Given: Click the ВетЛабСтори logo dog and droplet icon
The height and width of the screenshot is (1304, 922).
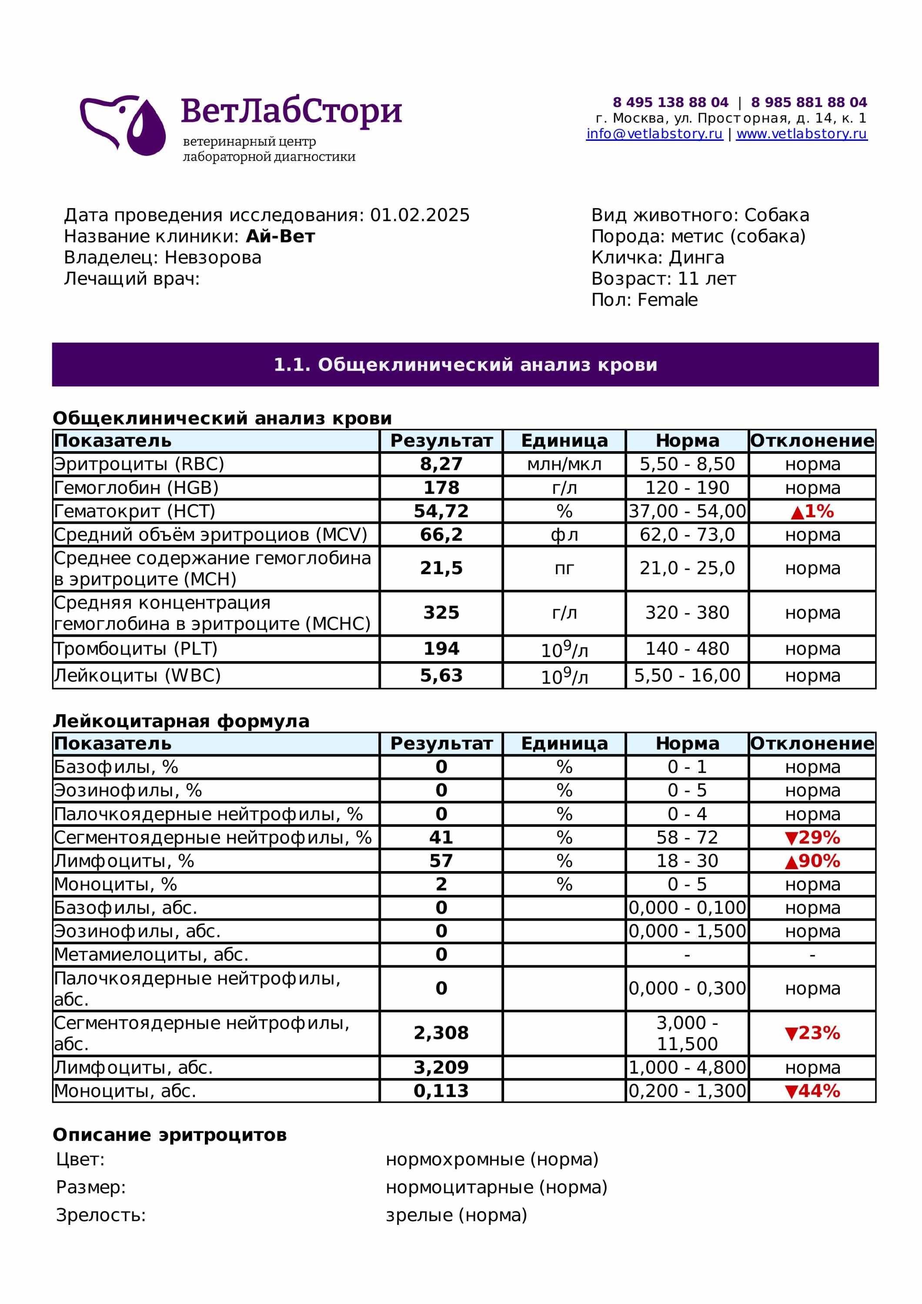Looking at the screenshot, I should coord(123,125).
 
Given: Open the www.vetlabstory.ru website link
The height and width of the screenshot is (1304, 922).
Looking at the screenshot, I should coord(801,134).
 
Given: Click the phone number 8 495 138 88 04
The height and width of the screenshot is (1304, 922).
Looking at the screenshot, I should coord(670,102).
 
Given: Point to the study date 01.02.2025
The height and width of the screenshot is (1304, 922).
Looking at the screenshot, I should coord(420,215).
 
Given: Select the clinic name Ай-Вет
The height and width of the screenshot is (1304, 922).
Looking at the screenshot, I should coord(280,236).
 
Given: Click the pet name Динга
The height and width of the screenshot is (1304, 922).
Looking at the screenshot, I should coord(696,257).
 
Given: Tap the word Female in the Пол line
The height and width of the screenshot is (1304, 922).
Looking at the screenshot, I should coord(668,300).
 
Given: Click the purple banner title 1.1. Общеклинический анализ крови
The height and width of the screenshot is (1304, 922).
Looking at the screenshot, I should coord(465,365).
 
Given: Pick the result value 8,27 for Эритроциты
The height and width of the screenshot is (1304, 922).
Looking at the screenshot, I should coord(441,464).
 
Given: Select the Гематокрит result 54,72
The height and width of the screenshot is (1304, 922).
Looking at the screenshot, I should coord(441,511).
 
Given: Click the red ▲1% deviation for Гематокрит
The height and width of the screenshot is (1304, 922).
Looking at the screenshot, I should coord(812,511).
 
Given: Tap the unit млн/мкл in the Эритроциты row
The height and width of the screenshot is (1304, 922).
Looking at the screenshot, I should coord(564,464).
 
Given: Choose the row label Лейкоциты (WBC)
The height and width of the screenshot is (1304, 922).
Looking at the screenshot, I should coord(137,675).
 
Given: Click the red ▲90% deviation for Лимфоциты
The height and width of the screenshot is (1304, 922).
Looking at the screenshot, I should coord(812,861).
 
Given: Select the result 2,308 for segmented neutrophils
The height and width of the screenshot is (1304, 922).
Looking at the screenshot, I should coord(441,1032).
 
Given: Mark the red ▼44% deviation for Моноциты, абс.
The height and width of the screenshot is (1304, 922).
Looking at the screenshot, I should coord(812,1091).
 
